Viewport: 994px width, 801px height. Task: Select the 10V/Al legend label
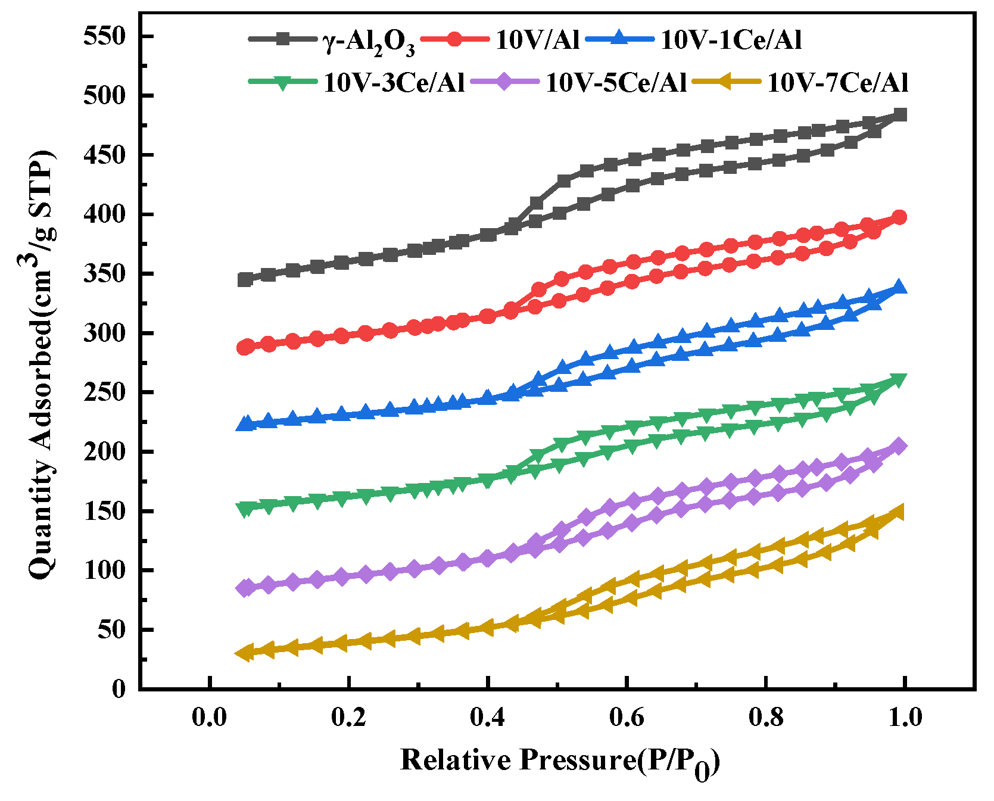click(x=537, y=40)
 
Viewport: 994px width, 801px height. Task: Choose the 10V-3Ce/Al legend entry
click(x=394, y=83)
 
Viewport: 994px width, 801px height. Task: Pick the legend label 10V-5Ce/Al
click(x=616, y=83)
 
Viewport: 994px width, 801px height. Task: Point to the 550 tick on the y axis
click(x=105, y=37)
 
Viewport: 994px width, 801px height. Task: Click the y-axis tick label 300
click(x=105, y=334)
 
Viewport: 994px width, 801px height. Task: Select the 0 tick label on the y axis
click(x=119, y=690)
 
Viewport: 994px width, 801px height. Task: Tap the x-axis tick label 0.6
click(x=627, y=717)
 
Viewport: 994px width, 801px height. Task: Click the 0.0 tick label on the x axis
click(x=210, y=717)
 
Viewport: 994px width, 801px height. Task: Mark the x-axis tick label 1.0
click(x=905, y=717)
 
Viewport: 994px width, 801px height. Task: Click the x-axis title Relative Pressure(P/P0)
click(x=560, y=762)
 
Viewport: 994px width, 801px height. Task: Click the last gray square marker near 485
click(x=900, y=114)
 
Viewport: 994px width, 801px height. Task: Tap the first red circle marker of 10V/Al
click(x=244, y=348)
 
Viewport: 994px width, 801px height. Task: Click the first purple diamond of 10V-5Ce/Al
click(x=244, y=588)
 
